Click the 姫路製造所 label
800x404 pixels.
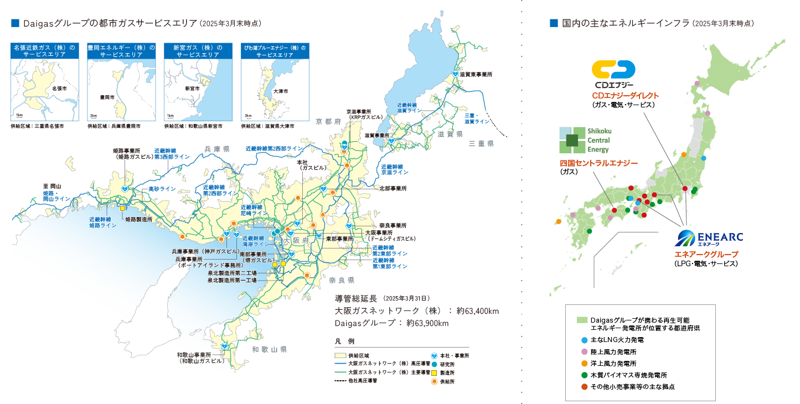click(x=138, y=219)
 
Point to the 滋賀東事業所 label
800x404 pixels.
click(x=476, y=74)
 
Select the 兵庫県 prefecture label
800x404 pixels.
click(x=216, y=149)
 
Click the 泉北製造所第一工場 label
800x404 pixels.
click(x=232, y=280)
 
